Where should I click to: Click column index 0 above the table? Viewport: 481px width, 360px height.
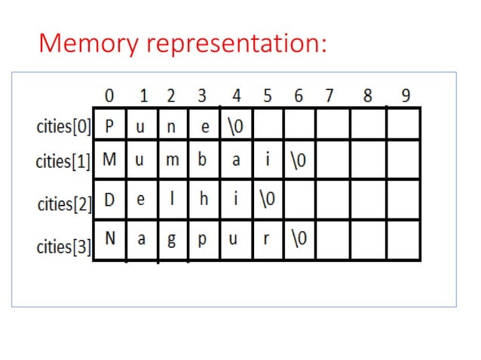(x=110, y=96)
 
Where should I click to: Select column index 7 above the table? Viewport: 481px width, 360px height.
(x=329, y=96)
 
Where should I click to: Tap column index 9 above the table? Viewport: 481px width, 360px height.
(x=406, y=96)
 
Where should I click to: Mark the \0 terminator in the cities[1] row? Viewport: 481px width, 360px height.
(x=300, y=160)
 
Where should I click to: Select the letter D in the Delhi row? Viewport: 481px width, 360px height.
(x=110, y=201)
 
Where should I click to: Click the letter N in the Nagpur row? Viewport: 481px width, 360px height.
(x=110, y=238)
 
